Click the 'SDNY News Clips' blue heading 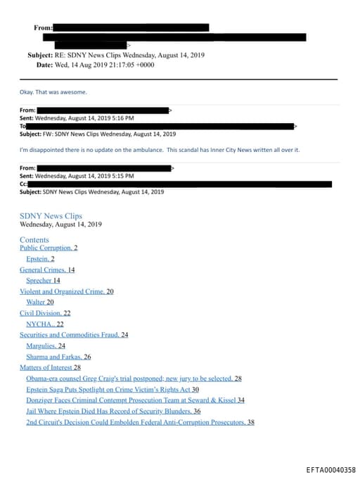[x=51, y=216]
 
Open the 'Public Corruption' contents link [x=46, y=248]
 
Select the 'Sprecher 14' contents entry [x=43, y=281]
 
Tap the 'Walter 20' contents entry [x=40, y=303]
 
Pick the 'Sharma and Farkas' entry [x=56, y=357]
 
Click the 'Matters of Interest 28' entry [x=50, y=367]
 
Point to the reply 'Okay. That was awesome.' [x=53, y=92]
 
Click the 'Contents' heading [x=34, y=240]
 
